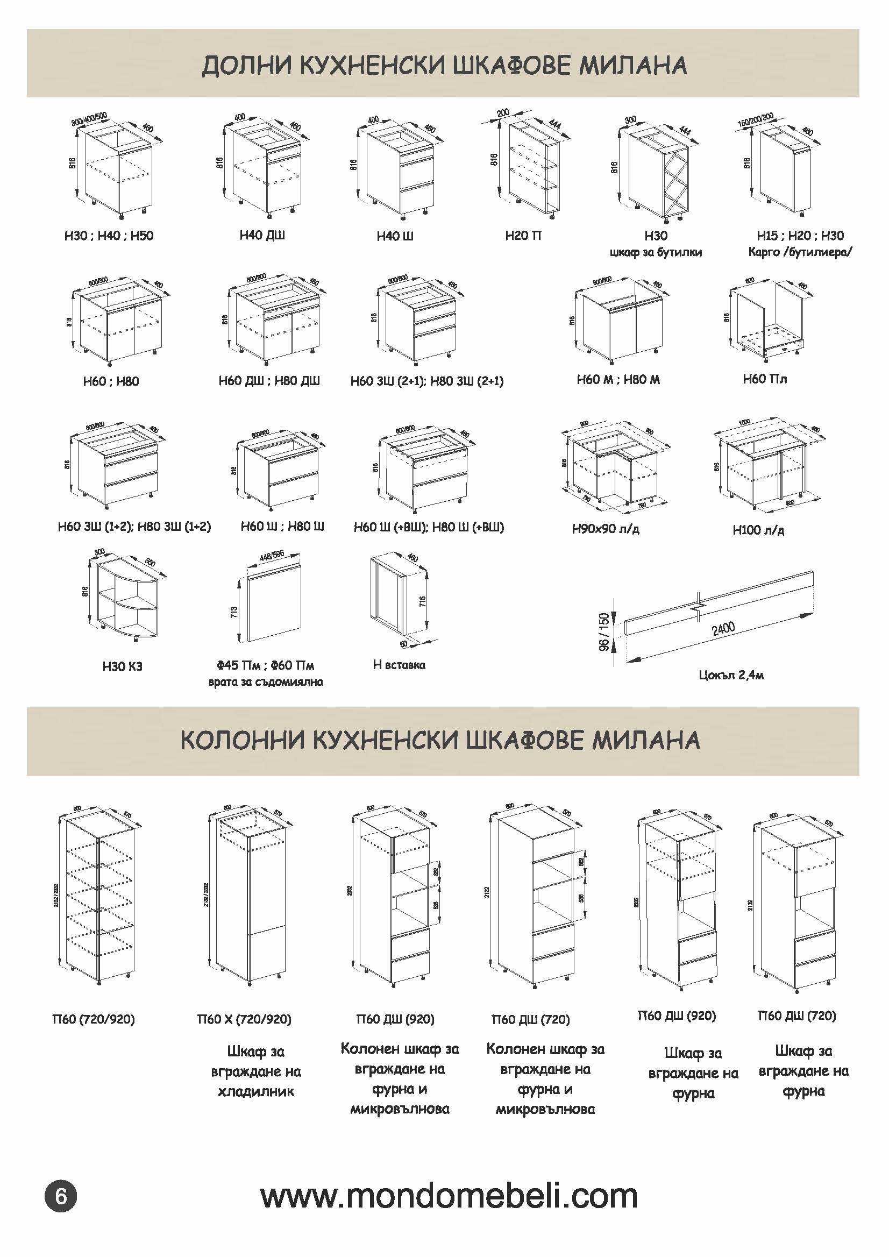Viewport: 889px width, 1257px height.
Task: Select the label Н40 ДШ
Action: coord(262,235)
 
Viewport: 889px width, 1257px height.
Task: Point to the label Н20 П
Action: coord(523,236)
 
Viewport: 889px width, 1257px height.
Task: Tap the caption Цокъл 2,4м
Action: coord(731,675)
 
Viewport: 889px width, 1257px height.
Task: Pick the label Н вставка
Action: coord(399,665)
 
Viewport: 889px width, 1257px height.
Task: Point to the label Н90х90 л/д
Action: coord(606,529)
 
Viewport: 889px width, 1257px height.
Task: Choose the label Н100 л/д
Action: coord(758,530)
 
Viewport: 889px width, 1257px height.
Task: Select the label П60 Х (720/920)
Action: coord(244,1019)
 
